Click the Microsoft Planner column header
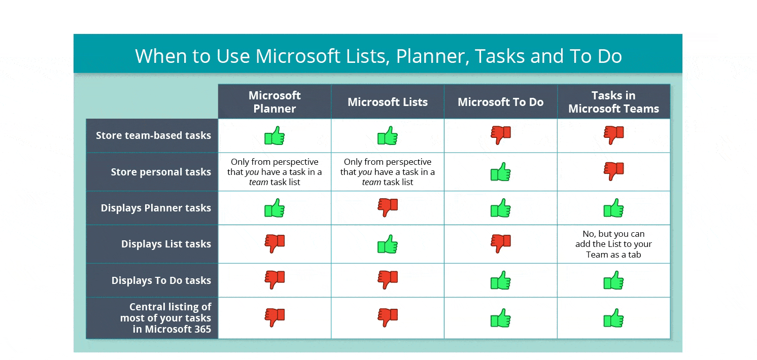click(274, 102)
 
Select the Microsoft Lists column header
click(388, 102)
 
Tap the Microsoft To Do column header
click(500, 102)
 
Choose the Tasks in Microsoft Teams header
click(613, 102)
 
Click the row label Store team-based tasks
click(153, 135)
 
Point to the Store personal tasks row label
click(161, 172)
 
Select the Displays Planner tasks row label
click(156, 208)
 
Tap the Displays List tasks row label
click(166, 244)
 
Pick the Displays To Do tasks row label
click(161, 280)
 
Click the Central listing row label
click(165, 318)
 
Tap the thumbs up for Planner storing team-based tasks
click(274, 136)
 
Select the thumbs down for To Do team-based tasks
click(500, 135)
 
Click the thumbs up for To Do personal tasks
click(500, 172)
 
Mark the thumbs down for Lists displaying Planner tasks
click(388, 207)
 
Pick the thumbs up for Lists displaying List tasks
click(388, 244)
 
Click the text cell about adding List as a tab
click(613, 244)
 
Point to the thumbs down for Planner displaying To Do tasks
click(274, 280)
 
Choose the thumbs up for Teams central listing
click(613, 318)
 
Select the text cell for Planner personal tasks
click(274, 172)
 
